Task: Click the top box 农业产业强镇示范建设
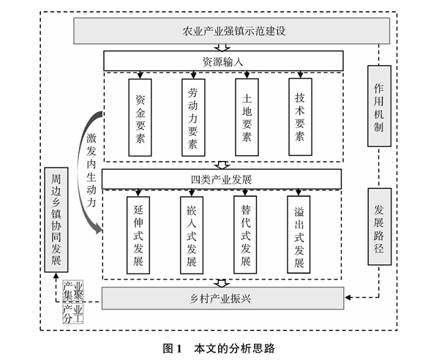[232, 31]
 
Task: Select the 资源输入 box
[222, 61]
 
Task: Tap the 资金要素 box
[140, 116]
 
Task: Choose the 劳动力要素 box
[192, 115]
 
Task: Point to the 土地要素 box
[247, 116]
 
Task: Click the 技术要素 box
[300, 116]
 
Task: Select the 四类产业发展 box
[222, 179]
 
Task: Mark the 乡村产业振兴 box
[222, 298]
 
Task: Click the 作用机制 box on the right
[378, 105]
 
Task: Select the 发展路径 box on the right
[378, 226]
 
